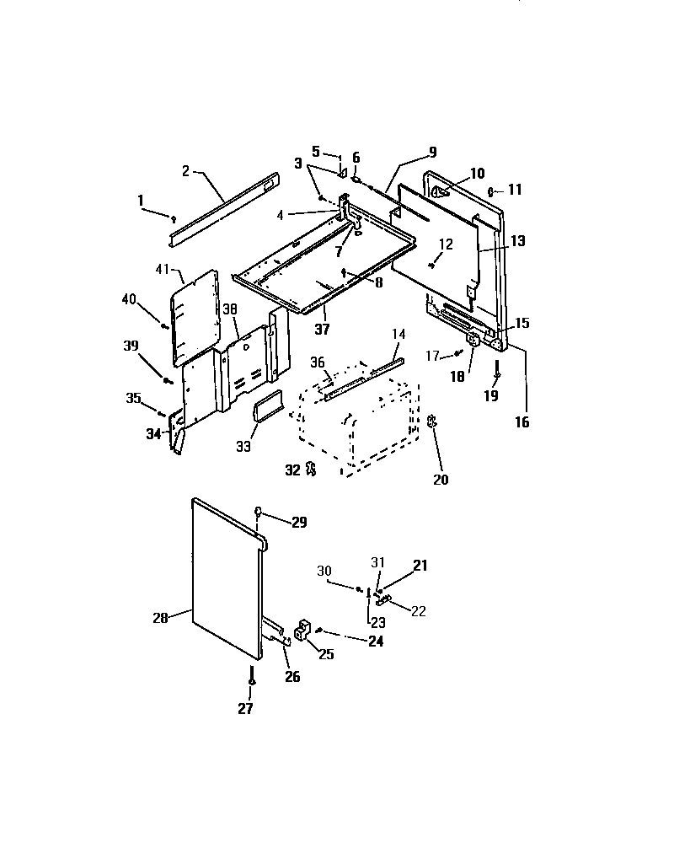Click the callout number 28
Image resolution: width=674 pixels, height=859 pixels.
(161, 617)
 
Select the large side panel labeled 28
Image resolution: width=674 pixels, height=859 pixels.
(223, 582)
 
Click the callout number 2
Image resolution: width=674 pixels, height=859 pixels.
(186, 170)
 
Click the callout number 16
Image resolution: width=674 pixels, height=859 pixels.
(522, 422)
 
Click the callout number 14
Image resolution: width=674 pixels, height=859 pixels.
(399, 335)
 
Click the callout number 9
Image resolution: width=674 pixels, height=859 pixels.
(431, 153)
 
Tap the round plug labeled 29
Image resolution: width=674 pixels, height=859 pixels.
(259, 511)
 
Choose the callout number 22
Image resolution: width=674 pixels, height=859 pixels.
(419, 609)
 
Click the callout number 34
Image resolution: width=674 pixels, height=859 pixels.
(152, 434)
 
